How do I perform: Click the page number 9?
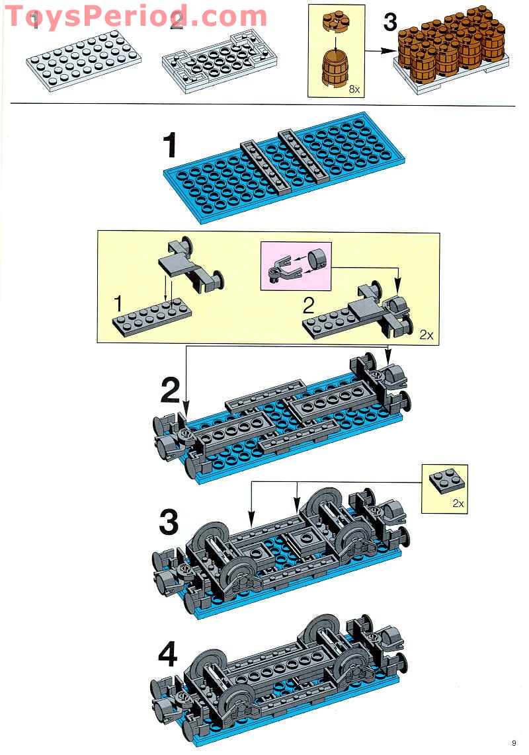[513, 742]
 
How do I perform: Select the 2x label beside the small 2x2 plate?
[458, 503]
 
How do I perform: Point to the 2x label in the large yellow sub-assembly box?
[427, 335]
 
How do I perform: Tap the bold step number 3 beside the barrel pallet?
[391, 22]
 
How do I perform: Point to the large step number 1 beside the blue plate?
[171, 146]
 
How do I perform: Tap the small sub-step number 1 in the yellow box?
[118, 304]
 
